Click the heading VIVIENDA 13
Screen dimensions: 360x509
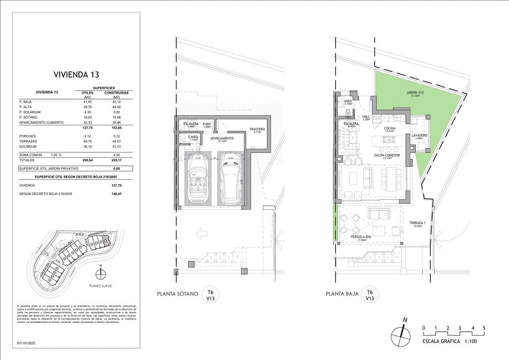[76, 74]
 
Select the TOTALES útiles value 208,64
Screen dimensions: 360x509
[87, 160]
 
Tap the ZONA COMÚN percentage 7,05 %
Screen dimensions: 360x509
[56, 155]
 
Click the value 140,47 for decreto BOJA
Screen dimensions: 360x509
[116, 194]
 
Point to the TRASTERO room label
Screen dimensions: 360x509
[257, 129]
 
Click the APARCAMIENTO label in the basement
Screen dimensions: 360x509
[222, 138]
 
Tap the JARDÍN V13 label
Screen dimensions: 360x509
[415, 93]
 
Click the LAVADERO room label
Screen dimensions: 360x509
[419, 135]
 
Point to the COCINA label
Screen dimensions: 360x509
[389, 129]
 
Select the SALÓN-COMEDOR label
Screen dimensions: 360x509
[387, 155]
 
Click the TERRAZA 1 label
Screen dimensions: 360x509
[417, 223]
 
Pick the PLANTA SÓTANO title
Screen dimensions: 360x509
[177, 294]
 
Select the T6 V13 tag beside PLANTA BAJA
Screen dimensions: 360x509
[370, 295]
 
